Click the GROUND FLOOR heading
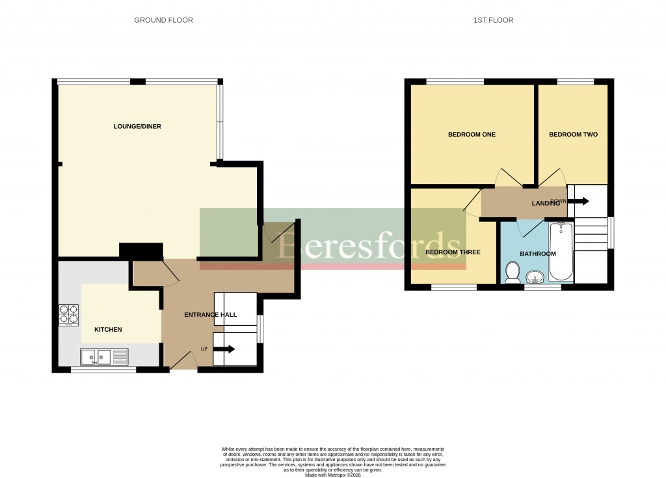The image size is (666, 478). tap(163, 20)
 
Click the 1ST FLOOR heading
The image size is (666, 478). tap(493, 20)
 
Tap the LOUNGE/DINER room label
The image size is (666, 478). tap(137, 126)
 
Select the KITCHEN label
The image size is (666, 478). tap(108, 330)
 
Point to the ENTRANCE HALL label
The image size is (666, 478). tap(210, 315)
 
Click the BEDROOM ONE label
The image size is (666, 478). tap(472, 135)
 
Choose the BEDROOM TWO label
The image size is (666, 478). tap(573, 135)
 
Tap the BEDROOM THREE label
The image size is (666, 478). tap(452, 252)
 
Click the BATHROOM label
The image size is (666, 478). tap(538, 254)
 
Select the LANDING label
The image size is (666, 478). tap(546, 204)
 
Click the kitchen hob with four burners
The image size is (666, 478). tap(69, 315)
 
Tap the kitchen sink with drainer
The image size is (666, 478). tap(104, 356)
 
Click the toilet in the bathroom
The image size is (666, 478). tap(512, 272)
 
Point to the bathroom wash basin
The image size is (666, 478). tap(535, 278)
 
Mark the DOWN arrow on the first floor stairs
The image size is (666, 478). tap(578, 202)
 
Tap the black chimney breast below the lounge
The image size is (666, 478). tap(140, 251)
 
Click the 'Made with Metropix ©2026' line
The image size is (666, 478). tap(332, 475)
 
